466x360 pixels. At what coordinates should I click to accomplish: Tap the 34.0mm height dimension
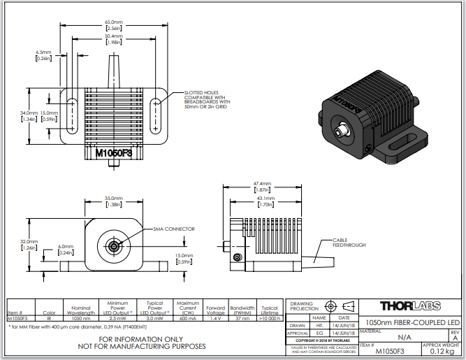(29, 116)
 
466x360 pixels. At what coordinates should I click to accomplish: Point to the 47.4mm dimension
(263, 186)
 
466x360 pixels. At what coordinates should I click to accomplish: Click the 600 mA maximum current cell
(188, 318)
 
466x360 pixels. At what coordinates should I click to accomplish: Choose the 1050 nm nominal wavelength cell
(82, 318)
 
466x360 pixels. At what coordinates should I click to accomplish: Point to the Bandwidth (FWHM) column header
(243, 310)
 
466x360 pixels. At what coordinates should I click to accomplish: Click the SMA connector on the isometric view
(343, 131)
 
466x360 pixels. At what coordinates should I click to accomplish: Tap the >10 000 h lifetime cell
(270, 318)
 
